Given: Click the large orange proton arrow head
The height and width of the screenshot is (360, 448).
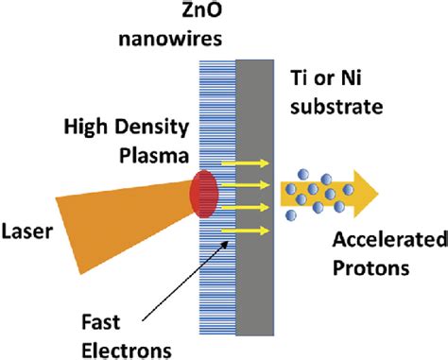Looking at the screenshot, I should pos(363,193).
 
